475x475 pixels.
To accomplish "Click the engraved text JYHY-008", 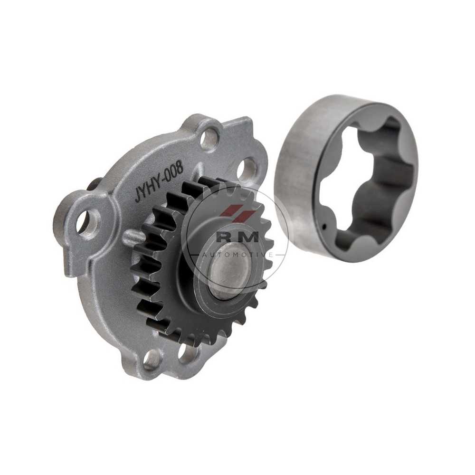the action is tap(159, 183).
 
